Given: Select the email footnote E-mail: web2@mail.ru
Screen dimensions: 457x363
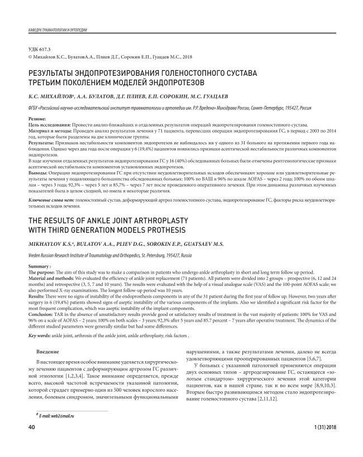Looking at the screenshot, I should pos(55,416).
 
